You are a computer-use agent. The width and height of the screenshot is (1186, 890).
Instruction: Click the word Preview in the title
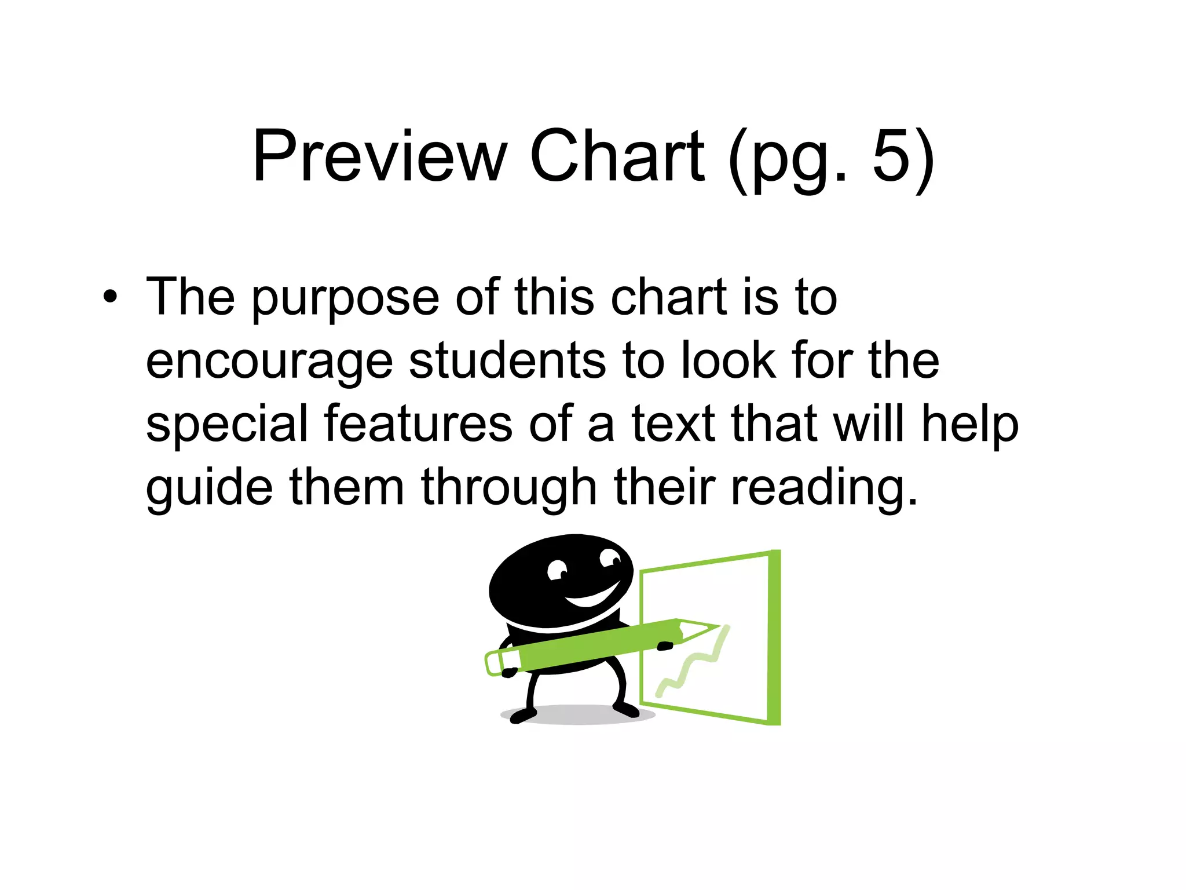tap(380, 156)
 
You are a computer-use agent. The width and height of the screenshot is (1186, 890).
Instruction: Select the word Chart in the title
tap(617, 156)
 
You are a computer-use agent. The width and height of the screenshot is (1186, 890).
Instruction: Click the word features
tap(418, 424)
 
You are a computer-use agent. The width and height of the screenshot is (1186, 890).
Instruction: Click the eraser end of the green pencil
tap(493, 663)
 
